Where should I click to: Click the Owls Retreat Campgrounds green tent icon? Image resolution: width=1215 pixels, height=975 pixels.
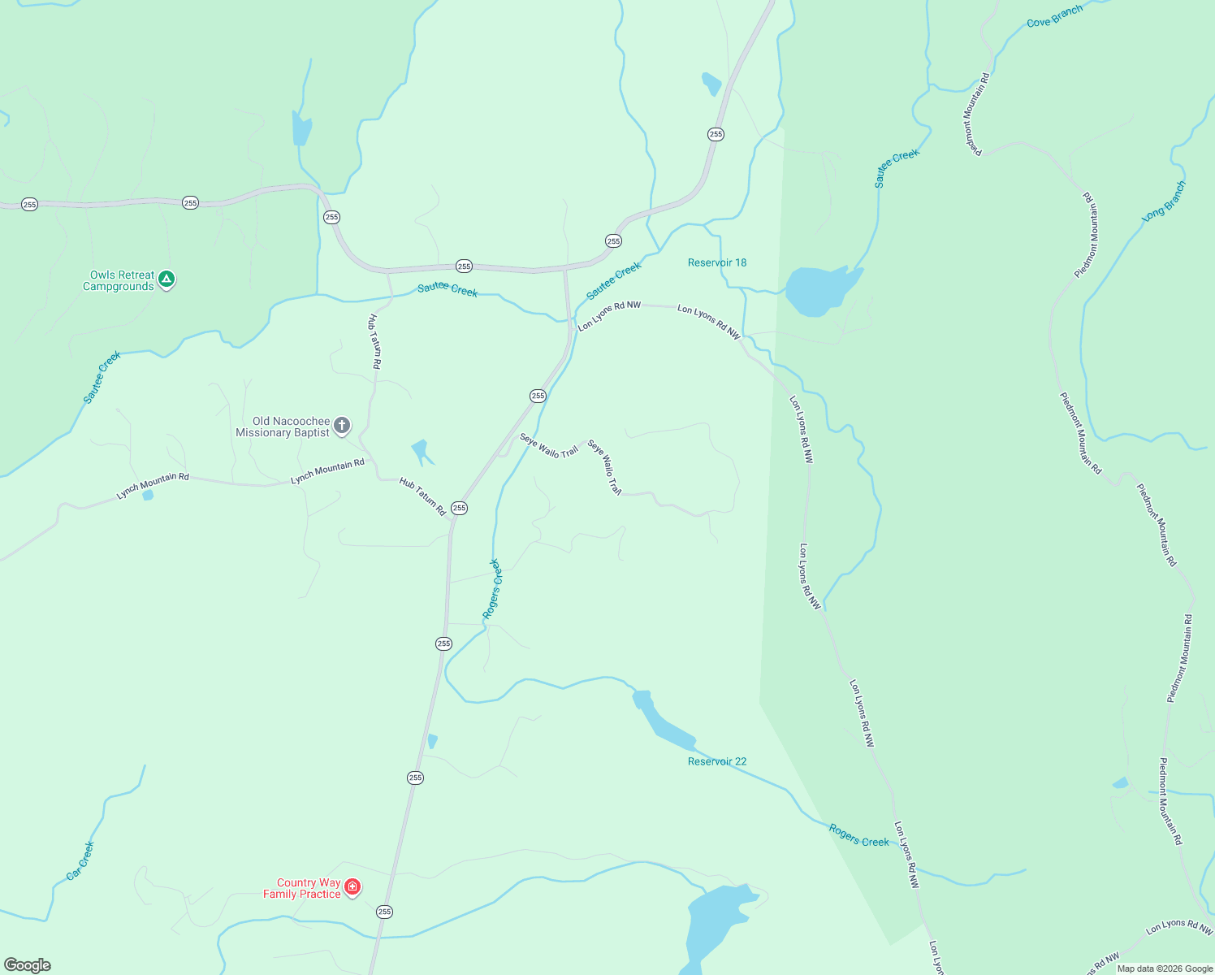click(166, 279)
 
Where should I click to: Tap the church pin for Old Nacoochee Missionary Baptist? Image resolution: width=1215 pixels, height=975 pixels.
click(343, 425)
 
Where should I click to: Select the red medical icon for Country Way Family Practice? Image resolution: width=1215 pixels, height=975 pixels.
click(352, 886)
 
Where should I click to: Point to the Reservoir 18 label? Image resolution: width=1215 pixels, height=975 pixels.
click(716, 262)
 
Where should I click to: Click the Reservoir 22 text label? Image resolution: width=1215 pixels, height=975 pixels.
click(716, 761)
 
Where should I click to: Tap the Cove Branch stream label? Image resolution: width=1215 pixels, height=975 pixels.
click(1054, 16)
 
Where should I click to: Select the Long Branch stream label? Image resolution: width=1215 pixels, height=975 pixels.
click(1164, 201)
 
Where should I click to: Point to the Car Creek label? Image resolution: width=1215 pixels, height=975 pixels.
click(80, 860)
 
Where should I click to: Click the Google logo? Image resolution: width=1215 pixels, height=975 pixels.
click(28, 964)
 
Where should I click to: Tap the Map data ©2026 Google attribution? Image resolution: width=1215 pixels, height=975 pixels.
click(1165, 968)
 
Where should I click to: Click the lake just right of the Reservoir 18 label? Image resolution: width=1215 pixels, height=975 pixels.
click(819, 289)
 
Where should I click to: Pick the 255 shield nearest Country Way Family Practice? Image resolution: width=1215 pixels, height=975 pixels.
click(384, 912)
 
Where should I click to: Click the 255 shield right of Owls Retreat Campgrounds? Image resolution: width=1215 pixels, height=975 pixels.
click(190, 202)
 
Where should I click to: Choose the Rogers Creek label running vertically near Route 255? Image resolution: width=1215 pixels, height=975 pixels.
click(493, 589)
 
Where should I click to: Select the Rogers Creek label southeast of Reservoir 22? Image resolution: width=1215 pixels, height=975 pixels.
click(858, 835)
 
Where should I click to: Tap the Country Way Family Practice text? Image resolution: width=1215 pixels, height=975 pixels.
click(301, 888)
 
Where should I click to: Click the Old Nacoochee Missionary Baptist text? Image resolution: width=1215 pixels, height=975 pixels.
click(283, 427)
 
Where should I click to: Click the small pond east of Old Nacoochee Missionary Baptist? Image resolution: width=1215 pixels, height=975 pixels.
click(420, 450)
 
